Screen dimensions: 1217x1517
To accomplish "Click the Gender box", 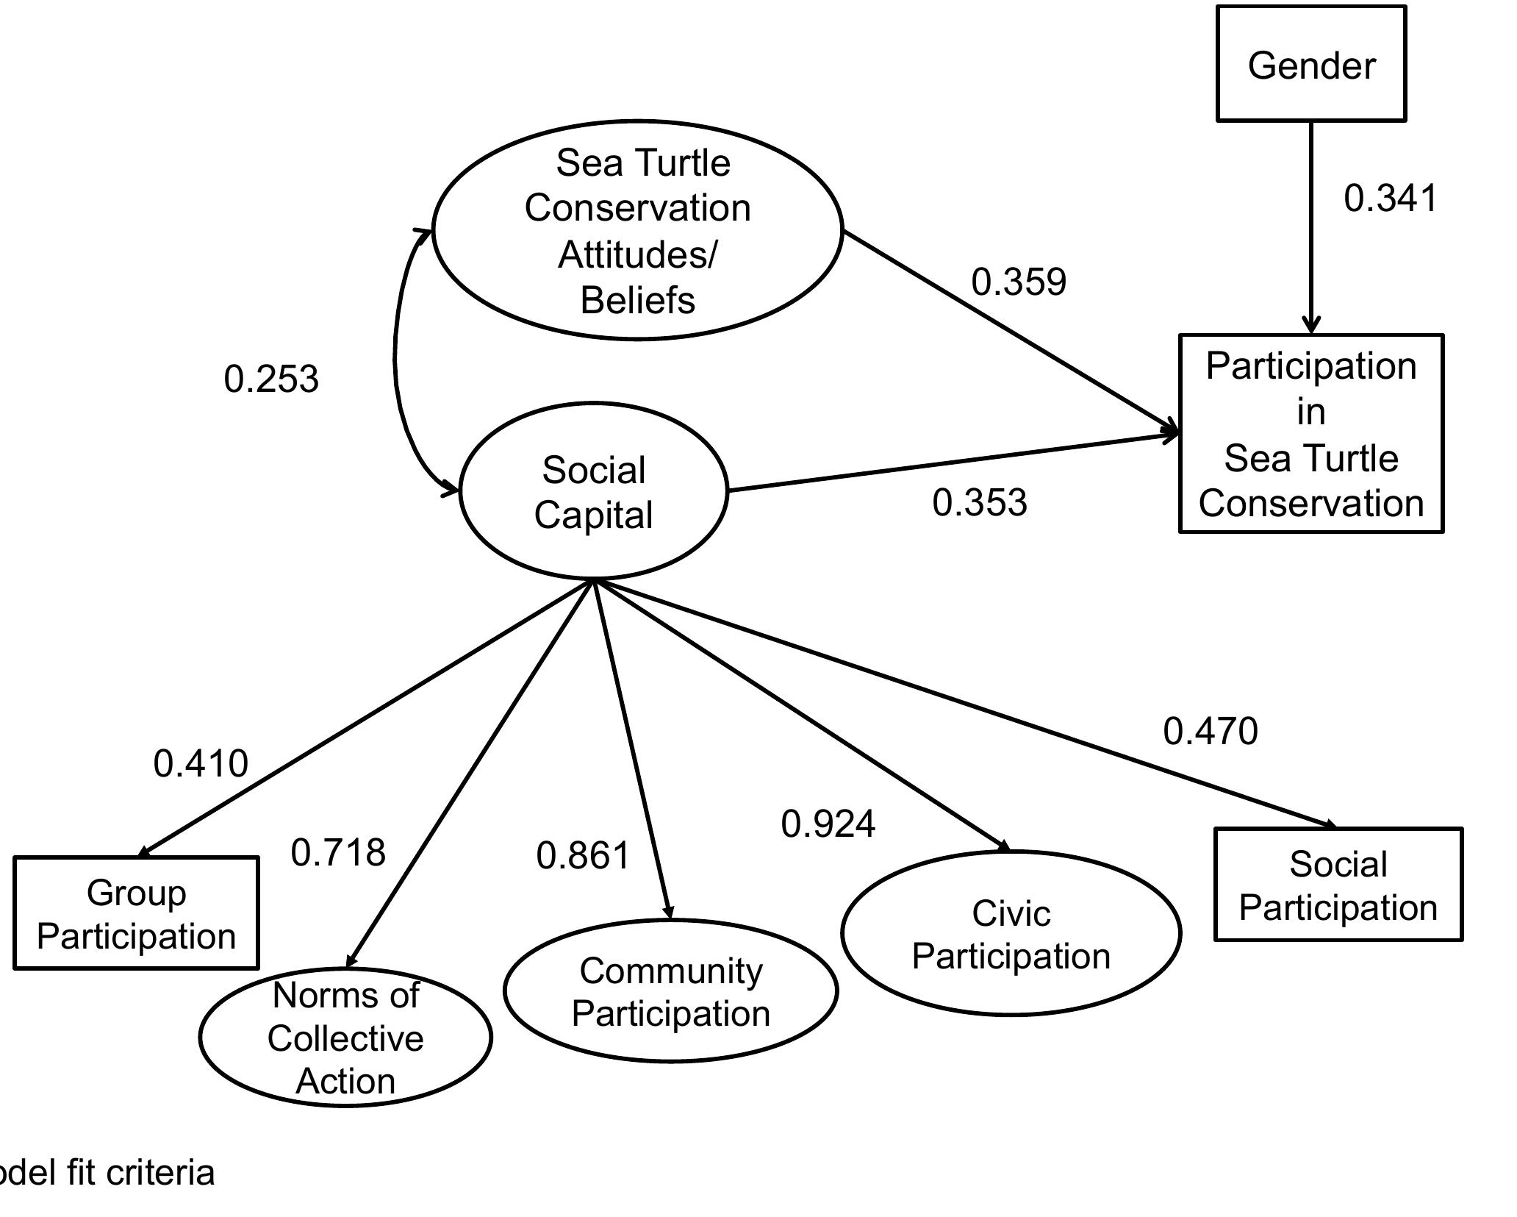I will point(1311,65).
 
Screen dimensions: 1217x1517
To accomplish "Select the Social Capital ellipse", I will point(594,491).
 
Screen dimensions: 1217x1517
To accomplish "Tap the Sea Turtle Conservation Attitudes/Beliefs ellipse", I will point(637,230).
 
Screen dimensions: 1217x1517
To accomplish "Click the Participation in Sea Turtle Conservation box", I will point(1311,434).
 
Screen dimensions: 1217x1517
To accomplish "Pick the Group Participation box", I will point(136,913).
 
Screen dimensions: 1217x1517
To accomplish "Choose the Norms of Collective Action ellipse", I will point(345,1037).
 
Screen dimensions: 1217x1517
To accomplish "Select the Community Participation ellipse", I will point(670,991).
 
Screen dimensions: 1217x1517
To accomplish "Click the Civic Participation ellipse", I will point(1011,934).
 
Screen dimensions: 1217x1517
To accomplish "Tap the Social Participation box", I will point(1338,885).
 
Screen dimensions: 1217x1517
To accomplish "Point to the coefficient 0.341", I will point(1390,199).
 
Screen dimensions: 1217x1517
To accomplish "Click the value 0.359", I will point(1019,282).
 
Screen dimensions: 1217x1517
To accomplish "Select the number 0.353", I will point(980,503).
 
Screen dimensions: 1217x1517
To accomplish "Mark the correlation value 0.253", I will point(271,379).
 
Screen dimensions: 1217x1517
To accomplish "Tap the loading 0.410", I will point(201,763).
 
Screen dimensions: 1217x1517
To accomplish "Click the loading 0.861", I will point(584,856).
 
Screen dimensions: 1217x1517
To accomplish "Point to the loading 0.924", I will point(828,824).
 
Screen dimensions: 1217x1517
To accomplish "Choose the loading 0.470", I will point(1211,732).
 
